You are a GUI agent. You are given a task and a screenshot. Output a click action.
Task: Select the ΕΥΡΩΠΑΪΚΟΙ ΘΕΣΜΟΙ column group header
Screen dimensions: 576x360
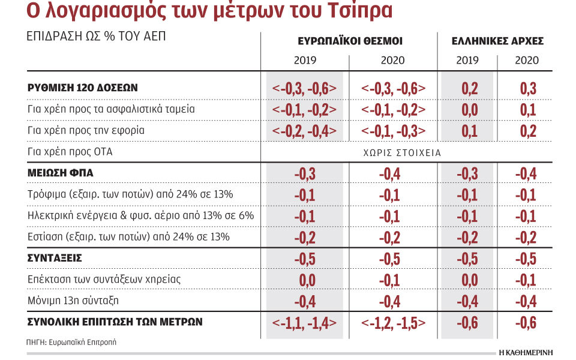(350, 41)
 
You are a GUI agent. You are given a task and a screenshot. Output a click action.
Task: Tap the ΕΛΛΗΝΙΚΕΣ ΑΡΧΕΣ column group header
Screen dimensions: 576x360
(497, 41)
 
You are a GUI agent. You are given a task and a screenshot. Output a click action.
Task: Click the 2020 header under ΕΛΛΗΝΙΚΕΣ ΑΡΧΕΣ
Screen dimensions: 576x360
(527, 60)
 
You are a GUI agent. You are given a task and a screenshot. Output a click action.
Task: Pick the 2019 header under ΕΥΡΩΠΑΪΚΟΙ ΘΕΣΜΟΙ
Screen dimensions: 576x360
(305, 60)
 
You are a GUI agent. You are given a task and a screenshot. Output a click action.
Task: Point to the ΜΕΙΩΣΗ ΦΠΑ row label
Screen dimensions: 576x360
(60, 173)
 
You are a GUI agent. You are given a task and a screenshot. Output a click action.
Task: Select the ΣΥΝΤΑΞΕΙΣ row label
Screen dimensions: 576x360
(55, 258)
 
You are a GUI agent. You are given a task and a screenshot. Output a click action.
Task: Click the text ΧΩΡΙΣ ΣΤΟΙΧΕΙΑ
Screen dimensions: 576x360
(402, 153)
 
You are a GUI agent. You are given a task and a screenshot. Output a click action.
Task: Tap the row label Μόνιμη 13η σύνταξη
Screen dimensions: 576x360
(73, 301)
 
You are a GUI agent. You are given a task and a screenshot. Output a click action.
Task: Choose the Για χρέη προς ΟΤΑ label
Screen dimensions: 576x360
(70, 152)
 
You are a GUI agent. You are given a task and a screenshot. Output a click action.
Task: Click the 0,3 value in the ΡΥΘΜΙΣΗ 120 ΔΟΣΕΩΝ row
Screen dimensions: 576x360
(528, 89)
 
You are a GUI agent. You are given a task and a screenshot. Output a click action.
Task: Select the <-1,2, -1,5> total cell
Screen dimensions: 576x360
(393, 323)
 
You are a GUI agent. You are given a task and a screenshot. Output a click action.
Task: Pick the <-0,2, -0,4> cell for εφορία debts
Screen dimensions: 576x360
(304, 131)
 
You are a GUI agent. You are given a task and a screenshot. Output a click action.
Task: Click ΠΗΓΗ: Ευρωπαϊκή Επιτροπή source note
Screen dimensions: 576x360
(71, 343)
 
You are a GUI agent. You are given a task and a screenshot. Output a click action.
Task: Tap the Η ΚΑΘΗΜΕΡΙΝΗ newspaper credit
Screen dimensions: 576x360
(526, 353)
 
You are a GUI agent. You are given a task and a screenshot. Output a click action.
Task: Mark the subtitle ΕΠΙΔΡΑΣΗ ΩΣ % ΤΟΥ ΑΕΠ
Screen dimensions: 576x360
(96, 37)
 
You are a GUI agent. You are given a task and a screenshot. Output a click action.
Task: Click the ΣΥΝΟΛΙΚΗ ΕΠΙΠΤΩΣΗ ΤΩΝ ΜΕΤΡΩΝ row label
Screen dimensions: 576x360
(115, 322)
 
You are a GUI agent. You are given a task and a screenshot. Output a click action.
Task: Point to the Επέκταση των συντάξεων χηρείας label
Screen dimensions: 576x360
(104, 280)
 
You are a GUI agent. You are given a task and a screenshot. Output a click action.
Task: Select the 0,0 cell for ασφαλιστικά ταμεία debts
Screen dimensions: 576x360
(470, 110)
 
